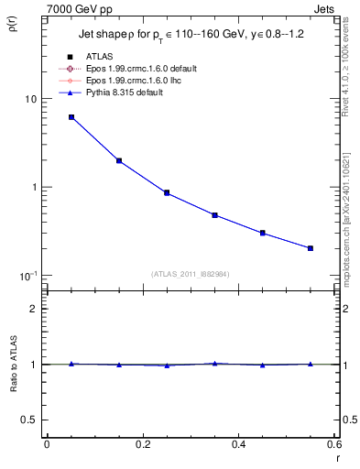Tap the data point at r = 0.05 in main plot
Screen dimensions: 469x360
(x=71, y=117)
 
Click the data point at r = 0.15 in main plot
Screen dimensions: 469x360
(x=119, y=160)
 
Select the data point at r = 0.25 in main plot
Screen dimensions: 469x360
(x=167, y=192)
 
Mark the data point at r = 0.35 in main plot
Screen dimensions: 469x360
(x=214, y=215)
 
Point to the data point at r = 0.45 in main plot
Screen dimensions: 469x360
(x=263, y=233)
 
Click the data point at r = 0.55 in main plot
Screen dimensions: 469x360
(x=311, y=248)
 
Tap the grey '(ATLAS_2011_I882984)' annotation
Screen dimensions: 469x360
(x=191, y=273)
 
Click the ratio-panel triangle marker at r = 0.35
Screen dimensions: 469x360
(x=214, y=363)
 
